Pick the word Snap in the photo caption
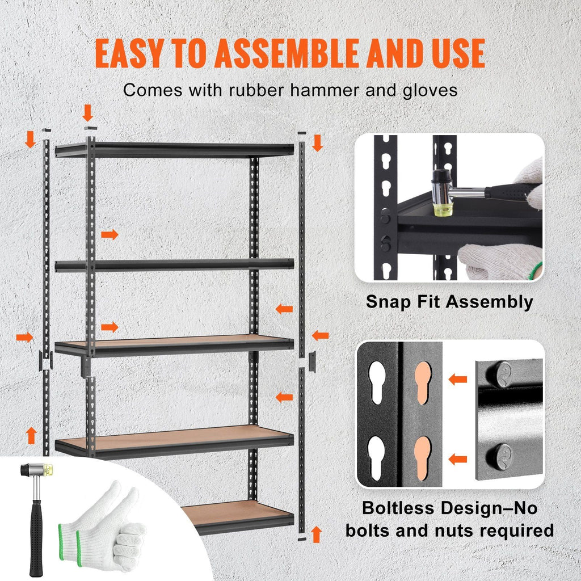pyautogui.click(x=387, y=302)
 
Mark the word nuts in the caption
pyautogui.click(x=435, y=531)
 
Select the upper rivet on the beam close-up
pyautogui.click(x=502, y=374)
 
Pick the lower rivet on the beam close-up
pyautogui.click(x=502, y=455)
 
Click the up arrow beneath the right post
pyautogui.click(x=317, y=533)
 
